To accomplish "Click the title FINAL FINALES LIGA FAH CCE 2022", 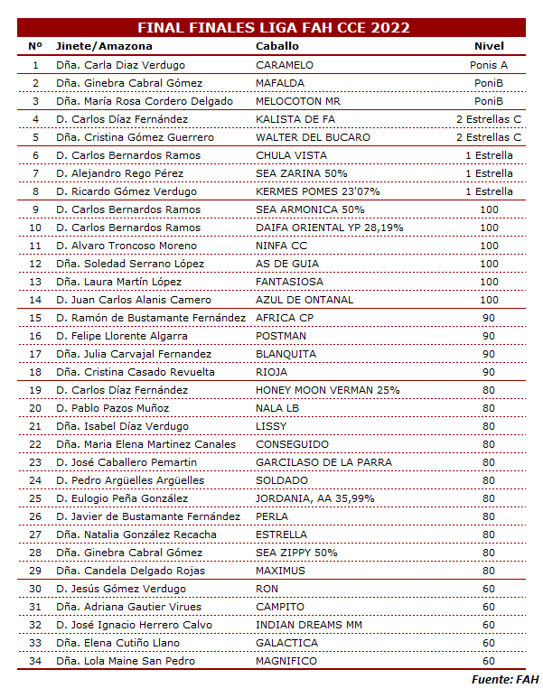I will pyautogui.click(x=272, y=27).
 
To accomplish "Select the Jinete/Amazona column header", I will pyautogui.click(x=104, y=46).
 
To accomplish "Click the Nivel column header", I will pyautogui.click(x=489, y=46).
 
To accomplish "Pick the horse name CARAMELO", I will pyautogui.click(x=285, y=65).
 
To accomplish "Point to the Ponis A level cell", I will pyautogui.click(x=489, y=65).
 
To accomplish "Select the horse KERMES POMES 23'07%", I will pyautogui.click(x=318, y=191).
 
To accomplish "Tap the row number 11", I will pyautogui.click(x=35, y=246).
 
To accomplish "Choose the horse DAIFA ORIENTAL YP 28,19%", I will pyautogui.click(x=330, y=228).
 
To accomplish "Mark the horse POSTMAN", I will pyautogui.click(x=281, y=336).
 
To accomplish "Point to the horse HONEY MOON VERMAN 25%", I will pyautogui.click(x=327, y=390).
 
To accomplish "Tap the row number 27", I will pyautogui.click(x=35, y=535).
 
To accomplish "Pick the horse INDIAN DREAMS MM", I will pyautogui.click(x=309, y=625).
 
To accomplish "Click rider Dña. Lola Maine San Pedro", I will pyautogui.click(x=125, y=661).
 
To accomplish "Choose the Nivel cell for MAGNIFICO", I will pyautogui.click(x=489, y=661).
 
